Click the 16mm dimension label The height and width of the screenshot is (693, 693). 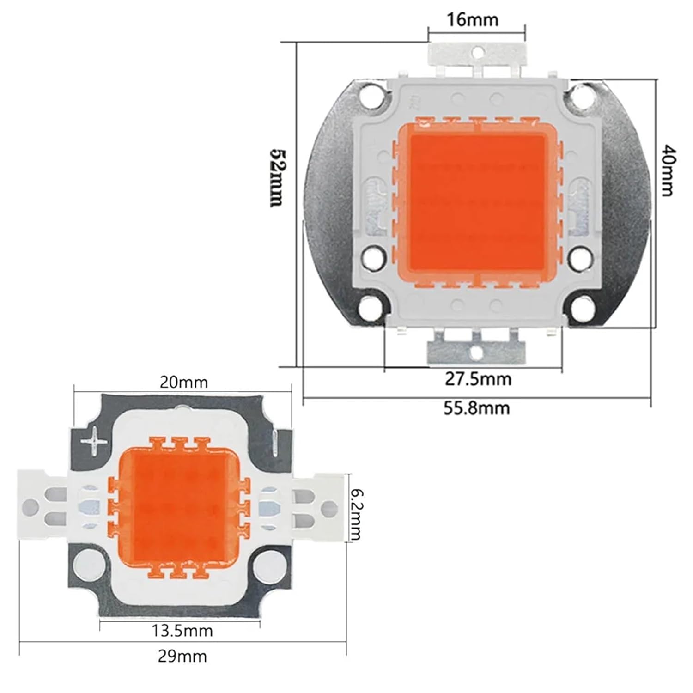pos(472,20)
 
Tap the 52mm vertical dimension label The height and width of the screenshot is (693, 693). pos(276,177)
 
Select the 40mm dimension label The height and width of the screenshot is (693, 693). pos(667,170)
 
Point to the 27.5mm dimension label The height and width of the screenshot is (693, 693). pos(478,379)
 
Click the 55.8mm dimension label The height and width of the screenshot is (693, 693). pos(477,408)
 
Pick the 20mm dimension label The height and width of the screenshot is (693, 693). pos(183,383)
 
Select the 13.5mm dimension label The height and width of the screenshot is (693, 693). pos(182,631)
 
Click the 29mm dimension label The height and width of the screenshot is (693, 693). pos(182,656)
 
